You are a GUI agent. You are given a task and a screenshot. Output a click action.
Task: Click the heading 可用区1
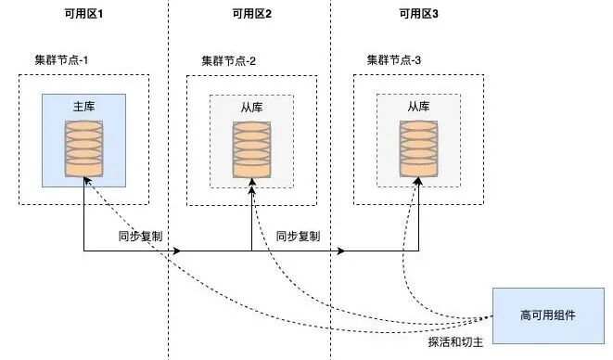point(83,14)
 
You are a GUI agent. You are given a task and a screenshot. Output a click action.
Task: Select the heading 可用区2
point(251,14)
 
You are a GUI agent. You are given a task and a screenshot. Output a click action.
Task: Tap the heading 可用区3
point(418,14)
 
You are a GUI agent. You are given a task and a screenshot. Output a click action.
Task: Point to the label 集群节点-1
point(61,60)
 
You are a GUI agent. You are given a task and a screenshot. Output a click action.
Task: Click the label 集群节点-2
point(229,61)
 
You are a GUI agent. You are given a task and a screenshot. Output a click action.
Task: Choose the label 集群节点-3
point(394,60)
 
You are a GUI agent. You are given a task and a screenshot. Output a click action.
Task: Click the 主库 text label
point(84,107)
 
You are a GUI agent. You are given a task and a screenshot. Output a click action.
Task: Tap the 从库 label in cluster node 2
point(251,108)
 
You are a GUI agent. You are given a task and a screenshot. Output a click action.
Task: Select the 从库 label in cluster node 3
point(418,107)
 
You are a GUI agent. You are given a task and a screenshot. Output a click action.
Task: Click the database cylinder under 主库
point(84,148)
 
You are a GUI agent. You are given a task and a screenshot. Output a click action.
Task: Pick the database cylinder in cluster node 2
point(251,150)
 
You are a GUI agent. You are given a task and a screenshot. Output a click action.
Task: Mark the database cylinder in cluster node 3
point(418,149)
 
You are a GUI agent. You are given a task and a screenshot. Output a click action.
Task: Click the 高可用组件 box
point(548,315)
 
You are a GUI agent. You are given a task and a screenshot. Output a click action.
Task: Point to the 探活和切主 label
point(456,342)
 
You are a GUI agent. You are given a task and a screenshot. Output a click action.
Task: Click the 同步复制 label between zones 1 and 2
point(140,237)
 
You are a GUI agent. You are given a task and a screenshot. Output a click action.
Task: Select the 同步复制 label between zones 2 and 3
point(299,237)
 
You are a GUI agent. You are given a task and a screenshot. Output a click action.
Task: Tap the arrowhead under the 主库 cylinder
point(87,180)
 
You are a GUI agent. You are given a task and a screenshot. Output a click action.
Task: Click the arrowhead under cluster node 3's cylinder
point(418,181)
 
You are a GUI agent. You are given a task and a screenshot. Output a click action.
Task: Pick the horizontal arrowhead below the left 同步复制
point(177,251)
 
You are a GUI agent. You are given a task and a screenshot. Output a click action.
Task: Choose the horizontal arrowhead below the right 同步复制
point(341,251)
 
